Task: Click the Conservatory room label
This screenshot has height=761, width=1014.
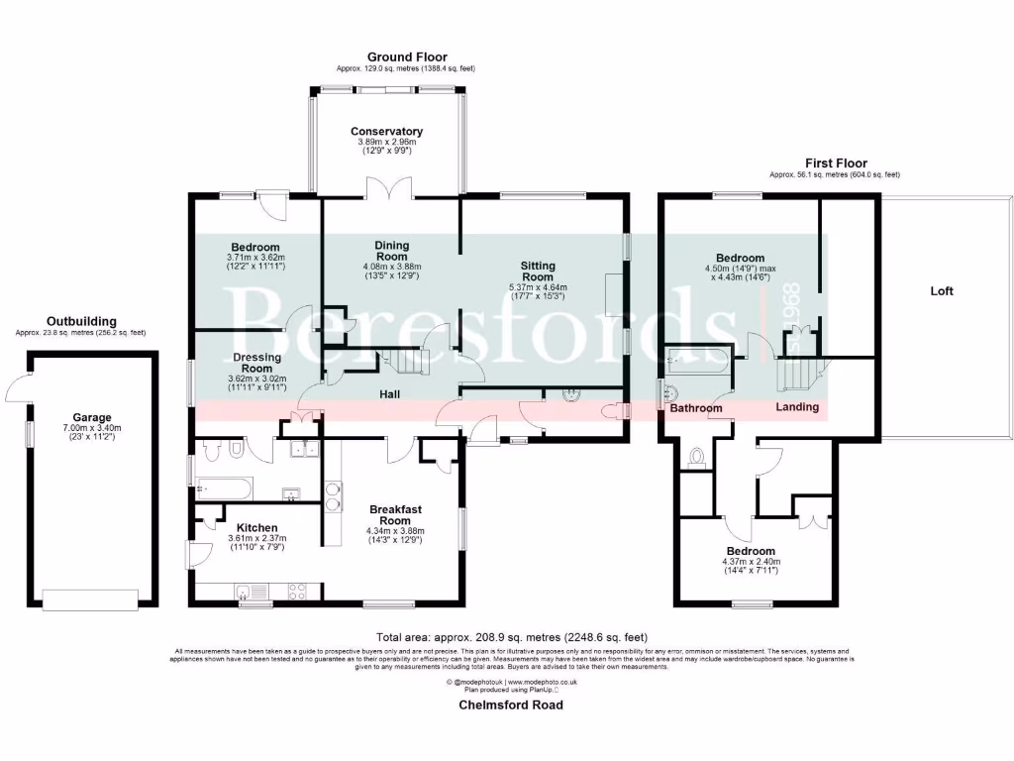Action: coord(386,131)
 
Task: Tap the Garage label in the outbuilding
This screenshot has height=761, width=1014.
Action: coord(91,417)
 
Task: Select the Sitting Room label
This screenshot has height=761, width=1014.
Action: coord(539,272)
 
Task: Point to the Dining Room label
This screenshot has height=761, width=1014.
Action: coord(392,251)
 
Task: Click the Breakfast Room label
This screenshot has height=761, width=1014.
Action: coord(396,515)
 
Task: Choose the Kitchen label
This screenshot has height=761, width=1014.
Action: coord(256,527)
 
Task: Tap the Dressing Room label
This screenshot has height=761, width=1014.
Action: coord(257,363)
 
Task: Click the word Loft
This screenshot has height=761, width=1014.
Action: coord(943,291)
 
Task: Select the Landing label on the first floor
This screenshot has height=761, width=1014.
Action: coord(797,406)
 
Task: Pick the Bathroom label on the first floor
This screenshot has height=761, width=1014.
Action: coord(695,408)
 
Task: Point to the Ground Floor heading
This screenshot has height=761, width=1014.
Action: coord(407,57)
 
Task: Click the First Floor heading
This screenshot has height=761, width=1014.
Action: coord(835,163)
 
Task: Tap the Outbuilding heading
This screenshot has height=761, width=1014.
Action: coord(81,321)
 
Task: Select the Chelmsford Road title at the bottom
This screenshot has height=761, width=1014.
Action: coord(510,706)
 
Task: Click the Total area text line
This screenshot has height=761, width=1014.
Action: coord(512,636)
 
